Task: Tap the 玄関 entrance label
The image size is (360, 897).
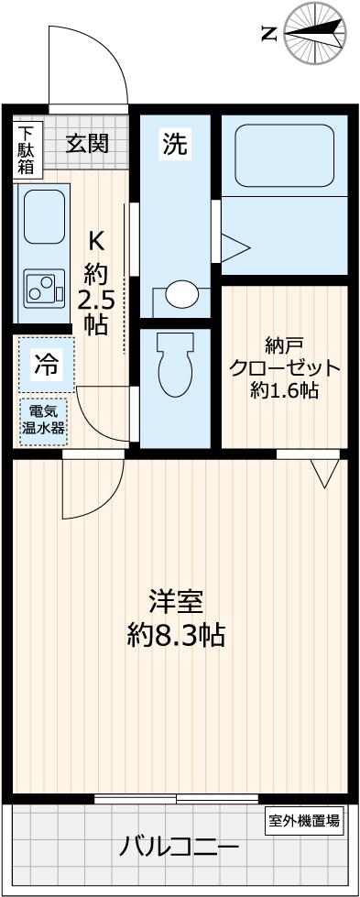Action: (x=88, y=143)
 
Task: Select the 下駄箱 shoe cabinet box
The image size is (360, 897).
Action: (x=24, y=149)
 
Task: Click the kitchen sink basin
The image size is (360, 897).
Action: (x=40, y=216)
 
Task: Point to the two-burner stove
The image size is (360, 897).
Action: (x=41, y=289)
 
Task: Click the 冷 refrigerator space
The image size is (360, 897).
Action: (x=44, y=364)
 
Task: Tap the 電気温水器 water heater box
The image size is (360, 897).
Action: (x=44, y=420)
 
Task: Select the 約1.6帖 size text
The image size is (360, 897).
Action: (x=285, y=391)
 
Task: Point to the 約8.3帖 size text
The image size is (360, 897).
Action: (x=176, y=635)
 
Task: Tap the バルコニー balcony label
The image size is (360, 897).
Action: (x=179, y=847)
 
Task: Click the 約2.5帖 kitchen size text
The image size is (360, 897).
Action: (x=95, y=298)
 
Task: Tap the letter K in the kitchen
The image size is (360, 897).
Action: (x=95, y=240)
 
